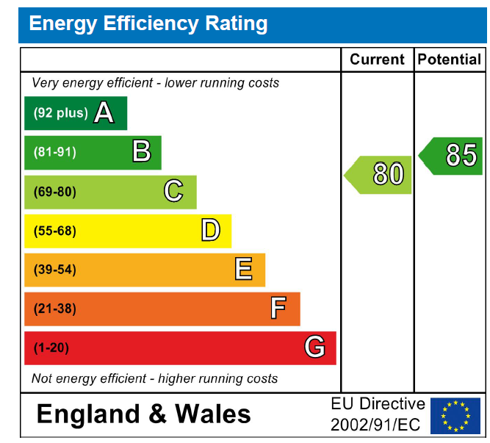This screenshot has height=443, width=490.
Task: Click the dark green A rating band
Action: point(76,113)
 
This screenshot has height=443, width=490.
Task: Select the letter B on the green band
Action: point(142,152)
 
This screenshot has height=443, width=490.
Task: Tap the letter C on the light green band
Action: point(173,191)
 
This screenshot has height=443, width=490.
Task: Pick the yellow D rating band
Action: point(128,231)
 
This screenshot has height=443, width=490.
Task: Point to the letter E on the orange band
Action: point(244,270)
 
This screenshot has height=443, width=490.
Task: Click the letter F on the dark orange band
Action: point(278,309)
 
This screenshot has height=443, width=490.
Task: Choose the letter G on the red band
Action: point(314,347)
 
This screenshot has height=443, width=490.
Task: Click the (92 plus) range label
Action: point(60,113)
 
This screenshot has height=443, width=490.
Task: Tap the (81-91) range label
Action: point(55,153)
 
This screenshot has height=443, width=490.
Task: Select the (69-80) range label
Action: point(55,192)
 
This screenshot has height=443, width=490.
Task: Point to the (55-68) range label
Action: point(55,231)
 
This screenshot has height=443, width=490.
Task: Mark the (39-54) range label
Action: point(55,270)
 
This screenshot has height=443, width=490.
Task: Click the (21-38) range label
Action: point(55,309)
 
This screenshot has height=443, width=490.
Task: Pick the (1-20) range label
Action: point(51,347)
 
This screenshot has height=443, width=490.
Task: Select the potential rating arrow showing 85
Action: point(452,156)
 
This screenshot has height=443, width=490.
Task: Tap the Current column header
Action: point(377,60)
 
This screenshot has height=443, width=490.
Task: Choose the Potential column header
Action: point(450,60)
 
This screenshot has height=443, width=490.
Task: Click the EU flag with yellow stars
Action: point(455,415)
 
